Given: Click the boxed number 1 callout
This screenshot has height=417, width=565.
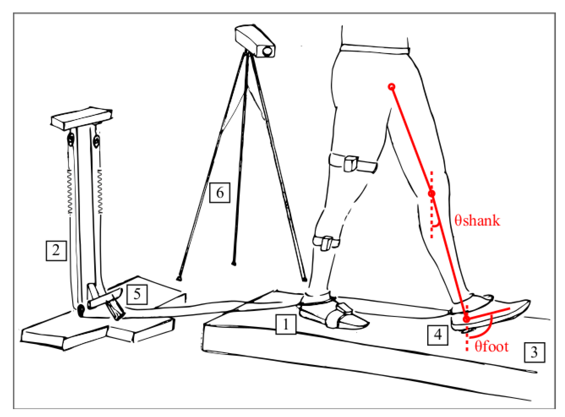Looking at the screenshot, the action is click(286, 324).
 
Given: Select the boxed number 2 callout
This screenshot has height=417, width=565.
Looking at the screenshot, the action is click(56, 251).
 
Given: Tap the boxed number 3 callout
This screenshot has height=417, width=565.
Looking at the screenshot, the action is click(535, 352).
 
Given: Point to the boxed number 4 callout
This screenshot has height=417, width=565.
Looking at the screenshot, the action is click(438, 335).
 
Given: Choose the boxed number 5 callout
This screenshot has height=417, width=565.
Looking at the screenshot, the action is click(137, 294).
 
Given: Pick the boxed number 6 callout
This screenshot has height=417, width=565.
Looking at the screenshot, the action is click(220, 193).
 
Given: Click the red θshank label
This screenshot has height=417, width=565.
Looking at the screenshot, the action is click(477, 220).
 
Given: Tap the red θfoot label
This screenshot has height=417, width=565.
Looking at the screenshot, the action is click(492, 346).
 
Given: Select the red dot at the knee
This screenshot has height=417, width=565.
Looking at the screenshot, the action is click(432, 194).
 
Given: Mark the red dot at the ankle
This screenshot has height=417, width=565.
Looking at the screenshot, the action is click(466, 319).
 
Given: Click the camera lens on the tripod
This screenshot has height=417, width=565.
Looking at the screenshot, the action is click(267, 51).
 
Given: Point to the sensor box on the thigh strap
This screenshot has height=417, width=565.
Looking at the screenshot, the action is click(351, 164).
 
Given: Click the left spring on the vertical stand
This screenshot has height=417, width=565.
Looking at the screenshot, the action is click(70, 192).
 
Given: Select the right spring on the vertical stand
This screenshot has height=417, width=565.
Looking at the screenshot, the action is click(100, 192).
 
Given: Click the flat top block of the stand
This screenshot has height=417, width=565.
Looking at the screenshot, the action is click(82, 119).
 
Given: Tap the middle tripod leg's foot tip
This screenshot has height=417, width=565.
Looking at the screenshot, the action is click(234, 264).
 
